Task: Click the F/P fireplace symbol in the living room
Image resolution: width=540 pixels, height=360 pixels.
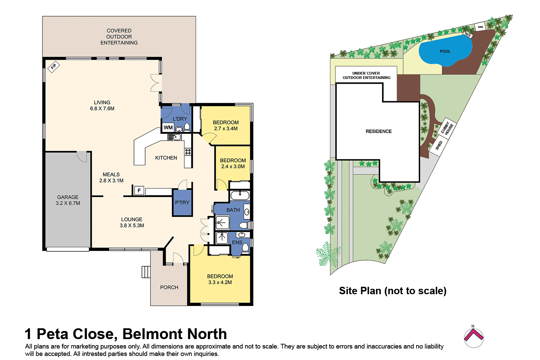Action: [54, 66]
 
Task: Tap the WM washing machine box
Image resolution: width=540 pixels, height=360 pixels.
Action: [168, 128]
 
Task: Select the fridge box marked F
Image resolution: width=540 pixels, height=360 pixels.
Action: [139, 191]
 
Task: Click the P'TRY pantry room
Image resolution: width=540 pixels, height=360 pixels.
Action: [182, 203]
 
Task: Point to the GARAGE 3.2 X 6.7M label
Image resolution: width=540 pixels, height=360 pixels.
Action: [68, 200]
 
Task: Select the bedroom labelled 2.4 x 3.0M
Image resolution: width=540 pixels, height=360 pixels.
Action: [233, 163]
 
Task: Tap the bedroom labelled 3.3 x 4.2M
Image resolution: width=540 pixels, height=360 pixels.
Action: [220, 279]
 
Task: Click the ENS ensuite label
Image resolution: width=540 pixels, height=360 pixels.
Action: [237, 243]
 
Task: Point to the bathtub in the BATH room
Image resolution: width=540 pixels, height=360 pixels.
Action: [240, 195]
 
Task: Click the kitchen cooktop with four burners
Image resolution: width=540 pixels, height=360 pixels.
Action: [188, 151]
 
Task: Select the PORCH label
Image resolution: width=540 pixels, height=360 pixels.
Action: [169, 287]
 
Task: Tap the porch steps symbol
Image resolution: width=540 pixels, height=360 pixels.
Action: [146, 272]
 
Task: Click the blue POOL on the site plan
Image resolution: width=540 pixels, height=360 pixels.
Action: [445, 51]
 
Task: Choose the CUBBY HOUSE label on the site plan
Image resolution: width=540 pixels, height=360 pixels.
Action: [447, 128]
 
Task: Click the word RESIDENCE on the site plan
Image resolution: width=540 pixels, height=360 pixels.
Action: [379, 131]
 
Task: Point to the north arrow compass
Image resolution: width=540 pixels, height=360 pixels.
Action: [474, 337]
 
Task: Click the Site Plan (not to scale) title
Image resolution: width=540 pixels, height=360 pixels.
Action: [393, 291]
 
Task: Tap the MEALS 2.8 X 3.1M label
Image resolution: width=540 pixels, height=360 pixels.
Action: [111, 177]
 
